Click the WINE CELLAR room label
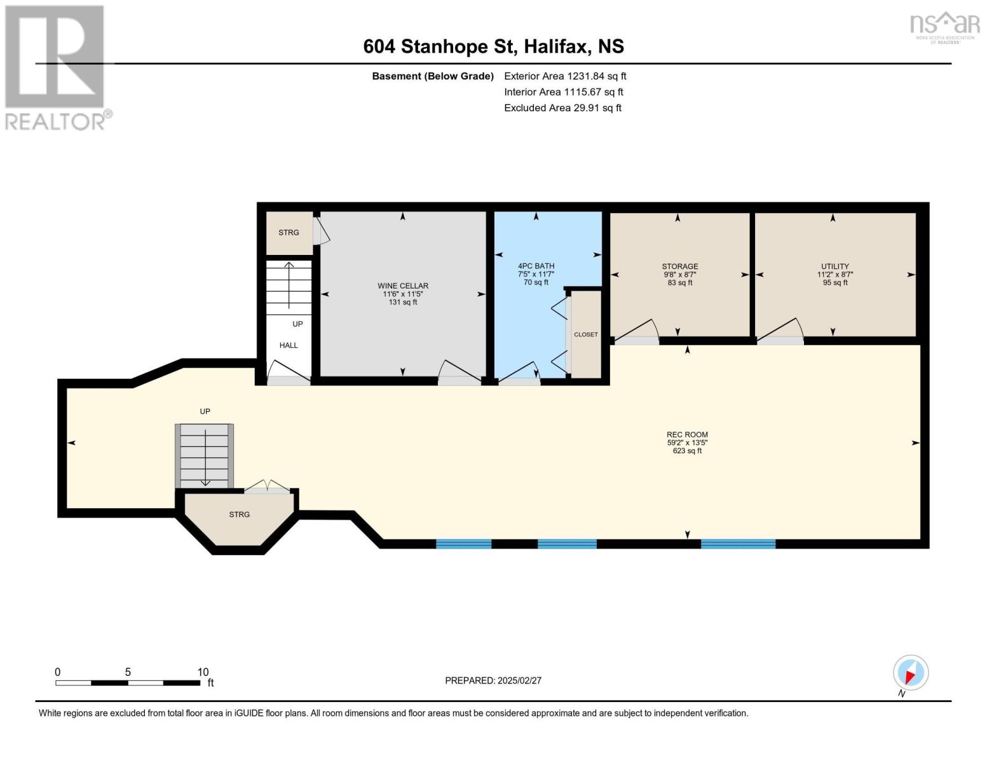(403, 286)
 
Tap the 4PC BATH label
(536, 266)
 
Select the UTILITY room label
(834, 266)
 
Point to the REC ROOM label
(687, 435)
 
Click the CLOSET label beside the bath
(585, 334)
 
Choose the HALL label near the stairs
(289, 345)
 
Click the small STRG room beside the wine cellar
(289, 233)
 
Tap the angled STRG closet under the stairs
(240, 514)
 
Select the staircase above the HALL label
(289, 287)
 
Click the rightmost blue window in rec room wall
(738, 544)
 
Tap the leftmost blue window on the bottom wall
(463, 544)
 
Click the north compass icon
(910, 673)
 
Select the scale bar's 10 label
(203, 672)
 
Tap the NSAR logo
(944, 25)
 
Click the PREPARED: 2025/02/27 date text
(493, 680)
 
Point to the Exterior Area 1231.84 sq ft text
(565, 76)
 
